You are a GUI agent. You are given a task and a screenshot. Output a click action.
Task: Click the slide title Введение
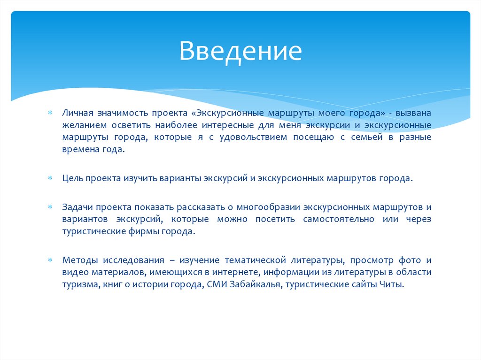pyautogui.click(x=240, y=51)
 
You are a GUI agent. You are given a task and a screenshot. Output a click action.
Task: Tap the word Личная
pyautogui.click(x=77, y=114)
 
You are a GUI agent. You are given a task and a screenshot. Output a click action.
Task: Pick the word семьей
pyautogui.click(x=362, y=137)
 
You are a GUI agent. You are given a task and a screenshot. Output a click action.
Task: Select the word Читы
pyautogui.click(x=393, y=284)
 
